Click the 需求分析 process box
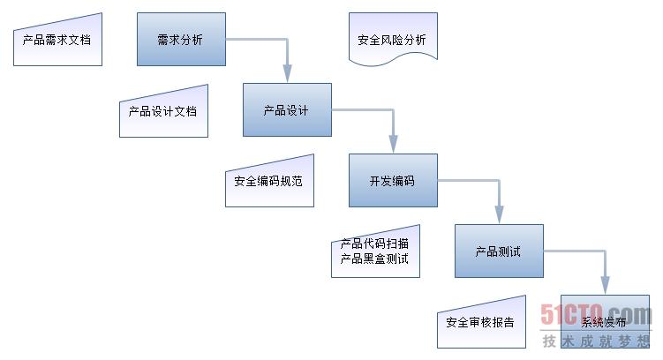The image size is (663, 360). pos(181,39)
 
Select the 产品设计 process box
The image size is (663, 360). pos(287,110)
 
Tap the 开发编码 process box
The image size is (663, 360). pos(393,181)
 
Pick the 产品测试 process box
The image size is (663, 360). pos(499,251)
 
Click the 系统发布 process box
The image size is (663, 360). pos(605,322)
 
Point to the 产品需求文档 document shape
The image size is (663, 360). pos(57,41)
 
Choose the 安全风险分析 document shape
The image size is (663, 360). pos(393,40)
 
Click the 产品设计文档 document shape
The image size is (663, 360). pos(163,112)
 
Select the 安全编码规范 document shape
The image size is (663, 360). pos(269,183)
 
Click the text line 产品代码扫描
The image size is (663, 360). pos(374,244)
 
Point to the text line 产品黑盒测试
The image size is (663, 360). pos(374,259)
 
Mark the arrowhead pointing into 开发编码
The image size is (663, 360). pos(393,146)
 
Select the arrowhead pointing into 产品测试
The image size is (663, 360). pos(499,217)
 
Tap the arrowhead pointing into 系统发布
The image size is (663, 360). pos(605,288)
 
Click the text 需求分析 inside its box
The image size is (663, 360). pos(179,40)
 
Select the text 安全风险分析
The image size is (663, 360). pos(392,40)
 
